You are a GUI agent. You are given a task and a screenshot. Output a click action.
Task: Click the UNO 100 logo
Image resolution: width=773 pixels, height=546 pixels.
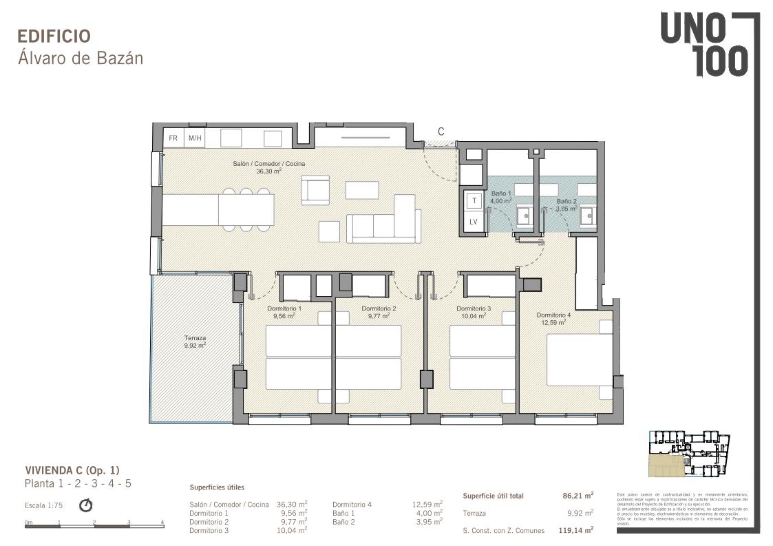click(704, 45)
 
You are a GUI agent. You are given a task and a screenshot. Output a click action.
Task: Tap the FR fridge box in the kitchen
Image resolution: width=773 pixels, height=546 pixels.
click(173, 138)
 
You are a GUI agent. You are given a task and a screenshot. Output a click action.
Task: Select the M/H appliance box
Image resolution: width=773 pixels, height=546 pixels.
click(195, 138)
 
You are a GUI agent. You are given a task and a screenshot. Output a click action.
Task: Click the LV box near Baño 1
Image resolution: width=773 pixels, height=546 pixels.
click(474, 222)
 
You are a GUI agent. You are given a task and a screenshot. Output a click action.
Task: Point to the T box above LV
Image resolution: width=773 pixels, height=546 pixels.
click(474, 200)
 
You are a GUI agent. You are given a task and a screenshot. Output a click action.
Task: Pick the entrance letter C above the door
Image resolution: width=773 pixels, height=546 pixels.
click(441, 132)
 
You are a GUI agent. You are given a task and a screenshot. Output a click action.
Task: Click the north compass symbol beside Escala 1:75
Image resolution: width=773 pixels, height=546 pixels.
click(86, 505)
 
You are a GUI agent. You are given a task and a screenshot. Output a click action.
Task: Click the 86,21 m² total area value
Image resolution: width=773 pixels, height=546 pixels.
click(578, 495)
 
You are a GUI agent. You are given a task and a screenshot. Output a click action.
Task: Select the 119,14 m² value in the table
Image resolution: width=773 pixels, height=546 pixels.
click(576, 530)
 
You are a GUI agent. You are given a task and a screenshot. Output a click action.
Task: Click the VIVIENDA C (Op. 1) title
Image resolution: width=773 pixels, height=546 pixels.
click(72, 470)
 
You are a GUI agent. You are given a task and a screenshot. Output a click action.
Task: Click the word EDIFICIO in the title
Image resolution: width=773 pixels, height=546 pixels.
click(54, 36)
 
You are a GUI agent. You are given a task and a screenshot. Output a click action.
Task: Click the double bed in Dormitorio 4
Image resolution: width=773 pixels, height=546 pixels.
click(579, 359)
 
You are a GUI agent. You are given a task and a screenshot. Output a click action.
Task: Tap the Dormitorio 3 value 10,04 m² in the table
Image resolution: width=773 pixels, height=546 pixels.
click(292, 530)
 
